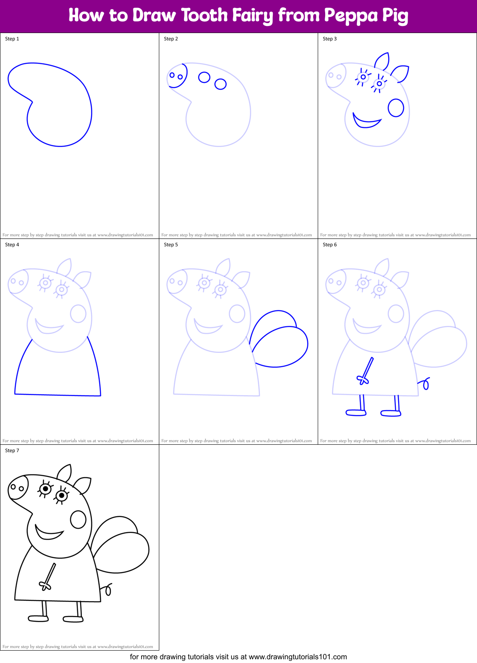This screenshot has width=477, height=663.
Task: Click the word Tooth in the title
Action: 204,16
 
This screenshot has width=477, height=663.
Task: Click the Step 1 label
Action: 12,39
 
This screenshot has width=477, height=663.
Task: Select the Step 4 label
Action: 12,245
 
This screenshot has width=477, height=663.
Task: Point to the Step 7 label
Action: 12,451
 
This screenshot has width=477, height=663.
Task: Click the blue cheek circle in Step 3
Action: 396,108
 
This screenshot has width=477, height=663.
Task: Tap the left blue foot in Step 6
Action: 356,413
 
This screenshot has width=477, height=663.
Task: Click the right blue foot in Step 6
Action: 391,413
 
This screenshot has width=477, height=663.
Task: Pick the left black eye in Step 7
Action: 45,489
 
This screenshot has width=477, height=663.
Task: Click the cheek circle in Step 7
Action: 78,519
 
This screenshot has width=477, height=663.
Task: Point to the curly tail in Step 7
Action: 108,590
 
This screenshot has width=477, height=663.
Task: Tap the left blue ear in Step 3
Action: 383,61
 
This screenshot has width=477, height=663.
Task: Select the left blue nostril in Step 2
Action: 172,75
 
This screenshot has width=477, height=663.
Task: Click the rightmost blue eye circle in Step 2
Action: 221,84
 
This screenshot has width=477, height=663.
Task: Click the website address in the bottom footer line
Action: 298,657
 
